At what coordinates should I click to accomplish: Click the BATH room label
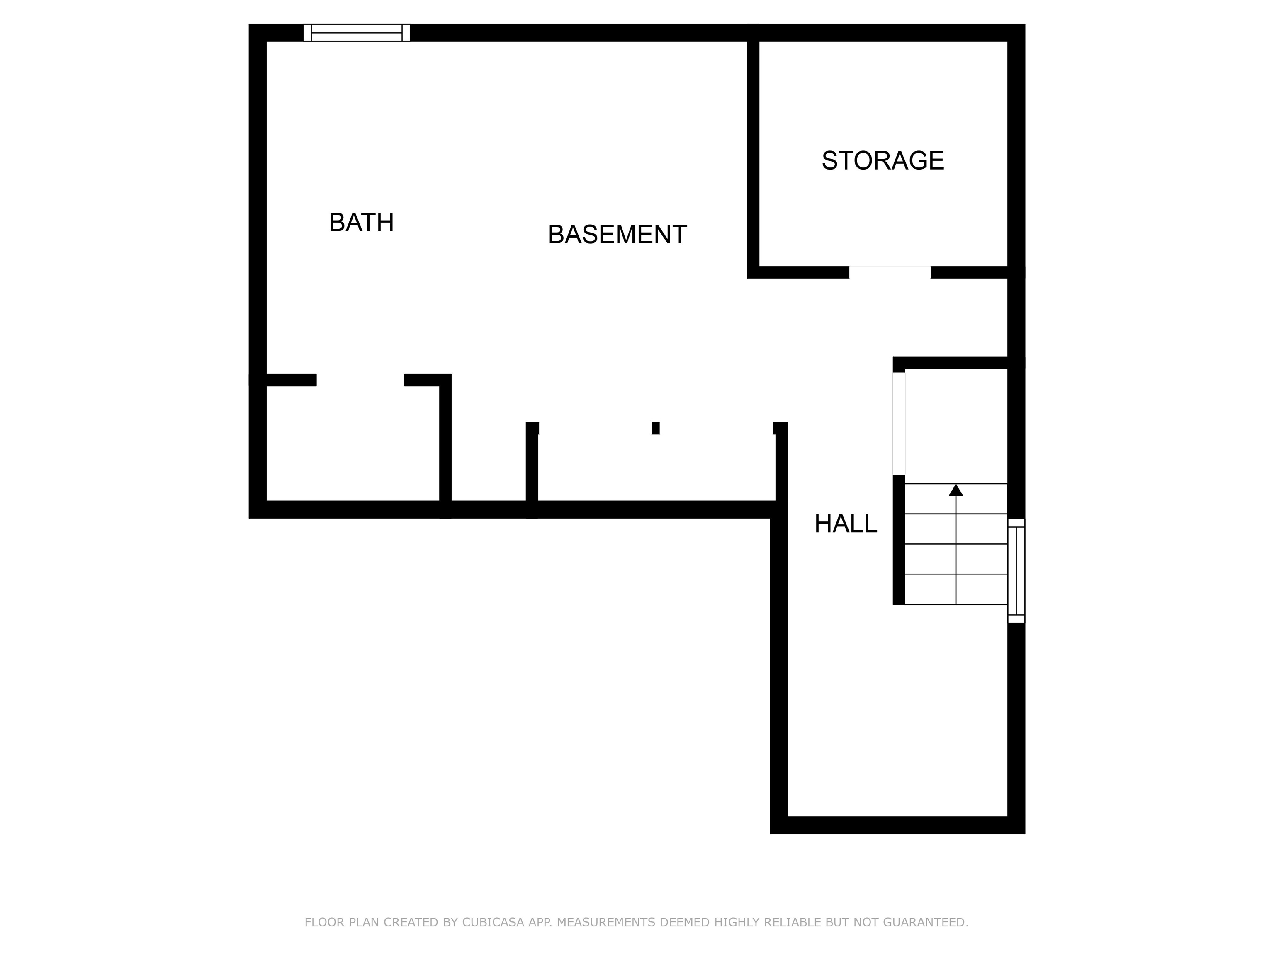pyautogui.click(x=361, y=222)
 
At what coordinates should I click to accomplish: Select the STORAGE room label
pyautogui.click(x=883, y=160)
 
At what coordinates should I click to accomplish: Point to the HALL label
pyautogui.click(x=846, y=523)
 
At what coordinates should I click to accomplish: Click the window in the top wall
pyautogui.click(x=357, y=33)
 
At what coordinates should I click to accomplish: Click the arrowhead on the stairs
pyautogui.click(x=956, y=490)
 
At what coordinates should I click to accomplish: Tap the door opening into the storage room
pyautogui.click(x=890, y=272)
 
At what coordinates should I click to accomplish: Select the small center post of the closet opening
pyautogui.click(x=655, y=428)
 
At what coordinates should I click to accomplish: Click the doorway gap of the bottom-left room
pyautogui.click(x=360, y=380)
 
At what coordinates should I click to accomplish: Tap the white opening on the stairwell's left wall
pyautogui.click(x=899, y=424)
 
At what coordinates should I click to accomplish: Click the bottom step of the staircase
pyautogui.click(x=956, y=589)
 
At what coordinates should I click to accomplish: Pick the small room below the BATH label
pyautogui.click(x=353, y=443)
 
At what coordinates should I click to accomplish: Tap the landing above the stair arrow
pyautogui.click(x=956, y=426)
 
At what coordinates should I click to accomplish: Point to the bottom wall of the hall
pyautogui.click(x=897, y=825)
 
